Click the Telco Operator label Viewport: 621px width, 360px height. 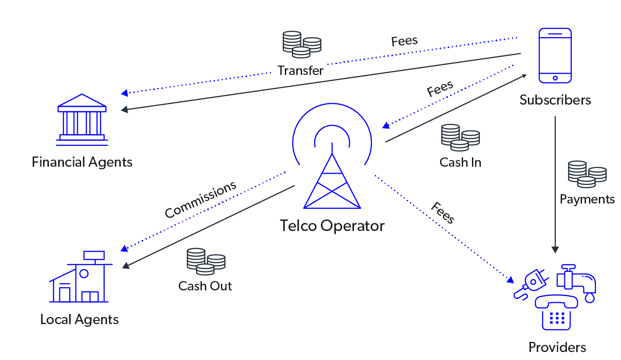(332, 226)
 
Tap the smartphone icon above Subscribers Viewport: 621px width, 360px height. (555, 55)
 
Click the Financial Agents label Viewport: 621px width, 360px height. (82, 162)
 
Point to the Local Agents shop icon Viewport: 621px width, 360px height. (80, 278)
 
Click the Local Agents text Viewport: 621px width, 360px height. (79, 320)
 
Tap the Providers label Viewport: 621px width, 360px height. (557, 347)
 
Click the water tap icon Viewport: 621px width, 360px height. (577, 282)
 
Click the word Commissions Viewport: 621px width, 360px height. (200, 200)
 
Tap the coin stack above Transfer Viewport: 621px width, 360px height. (302, 44)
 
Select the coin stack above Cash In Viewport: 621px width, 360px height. (460, 137)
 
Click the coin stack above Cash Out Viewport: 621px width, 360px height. (206, 262)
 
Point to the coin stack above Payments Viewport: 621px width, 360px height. (587, 174)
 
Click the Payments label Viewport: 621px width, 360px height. (587, 199)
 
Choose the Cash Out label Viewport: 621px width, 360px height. (205, 286)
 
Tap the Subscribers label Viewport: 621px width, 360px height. (555, 100)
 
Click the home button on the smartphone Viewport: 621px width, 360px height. (555, 78)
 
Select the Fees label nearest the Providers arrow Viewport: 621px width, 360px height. (443, 213)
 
